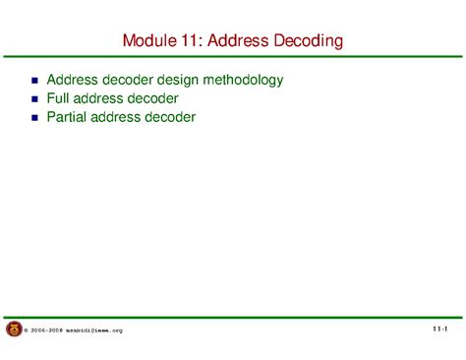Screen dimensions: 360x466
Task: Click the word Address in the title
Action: pos(242,41)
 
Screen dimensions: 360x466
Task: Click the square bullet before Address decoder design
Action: pos(35,81)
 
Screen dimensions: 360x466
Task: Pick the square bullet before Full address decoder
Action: pos(35,99)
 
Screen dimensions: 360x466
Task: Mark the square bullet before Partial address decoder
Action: pos(35,118)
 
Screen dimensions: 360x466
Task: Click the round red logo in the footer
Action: pos(14,330)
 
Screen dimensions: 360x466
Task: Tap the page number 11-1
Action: pos(438,329)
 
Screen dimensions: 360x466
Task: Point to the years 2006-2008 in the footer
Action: pos(46,331)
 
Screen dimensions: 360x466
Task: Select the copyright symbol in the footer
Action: pos(27,331)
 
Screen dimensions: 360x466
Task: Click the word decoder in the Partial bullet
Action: pos(172,117)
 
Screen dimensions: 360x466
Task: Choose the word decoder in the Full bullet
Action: pos(153,98)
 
